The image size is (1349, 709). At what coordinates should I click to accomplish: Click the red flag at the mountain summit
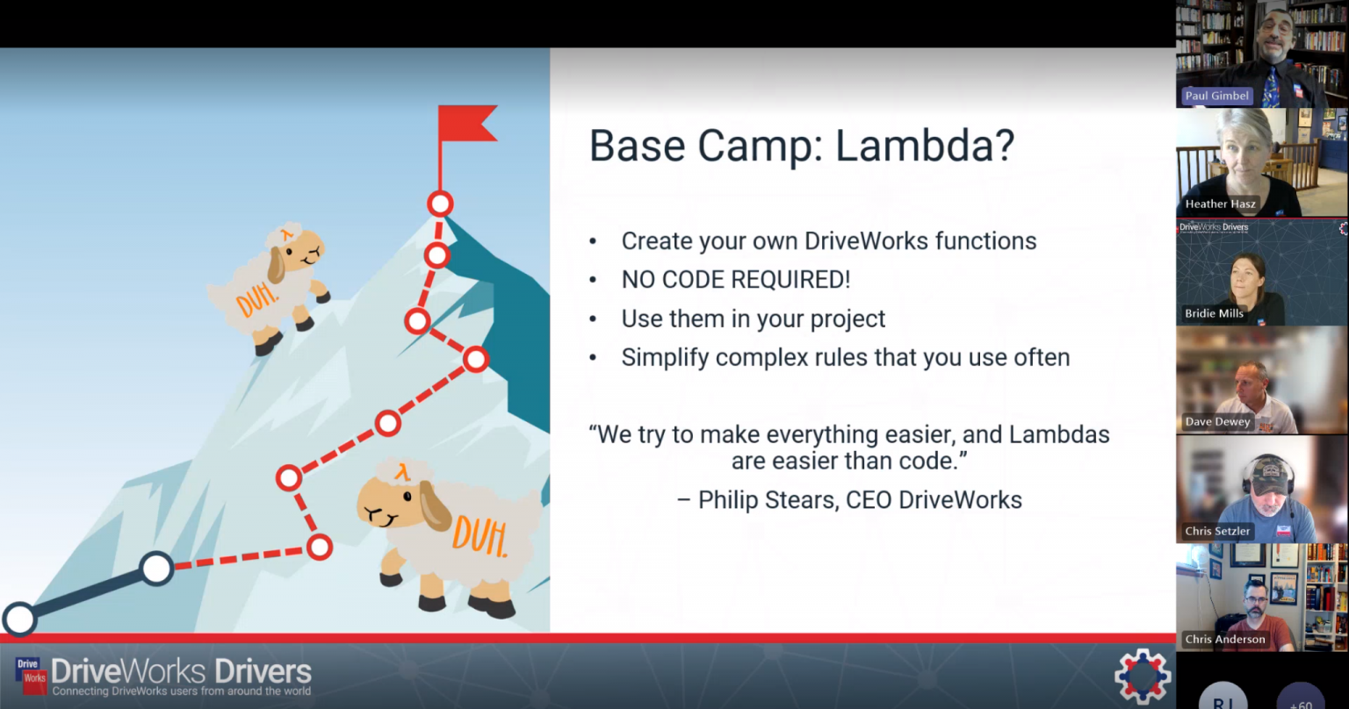pyautogui.click(x=466, y=124)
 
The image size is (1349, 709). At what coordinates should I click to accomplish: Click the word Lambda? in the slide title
pyautogui.click(x=925, y=147)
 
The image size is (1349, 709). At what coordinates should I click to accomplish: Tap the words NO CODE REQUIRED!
pyautogui.click(x=735, y=279)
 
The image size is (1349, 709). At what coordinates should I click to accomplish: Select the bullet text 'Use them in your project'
pyautogui.click(x=753, y=319)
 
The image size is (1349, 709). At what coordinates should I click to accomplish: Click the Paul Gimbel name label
pyautogui.click(x=1216, y=96)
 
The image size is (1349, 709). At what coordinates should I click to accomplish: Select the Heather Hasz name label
pyautogui.click(x=1220, y=204)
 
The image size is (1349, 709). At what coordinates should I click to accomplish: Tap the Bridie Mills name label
pyautogui.click(x=1214, y=313)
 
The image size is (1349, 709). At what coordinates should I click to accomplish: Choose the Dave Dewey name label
pyautogui.click(x=1217, y=421)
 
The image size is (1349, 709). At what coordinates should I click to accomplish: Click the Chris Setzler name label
pyautogui.click(x=1217, y=531)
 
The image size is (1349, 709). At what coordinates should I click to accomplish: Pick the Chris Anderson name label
pyautogui.click(x=1225, y=639)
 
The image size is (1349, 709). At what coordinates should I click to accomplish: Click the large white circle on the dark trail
pyautogui.click(x=156, y=568)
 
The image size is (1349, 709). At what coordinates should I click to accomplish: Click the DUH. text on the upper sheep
pyautogui.click(x=257, y=299)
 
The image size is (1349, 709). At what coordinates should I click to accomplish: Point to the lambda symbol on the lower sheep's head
pyautogui.click(x=401, y=471)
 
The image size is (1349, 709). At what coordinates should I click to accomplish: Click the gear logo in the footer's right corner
pyautogui.click(x=1142, y=676)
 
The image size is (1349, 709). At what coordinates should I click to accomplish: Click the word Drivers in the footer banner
pyautogui.click(x=263, y=671)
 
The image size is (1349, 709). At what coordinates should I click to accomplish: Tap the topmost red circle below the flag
pyautogui.click(x=440, y=204)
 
